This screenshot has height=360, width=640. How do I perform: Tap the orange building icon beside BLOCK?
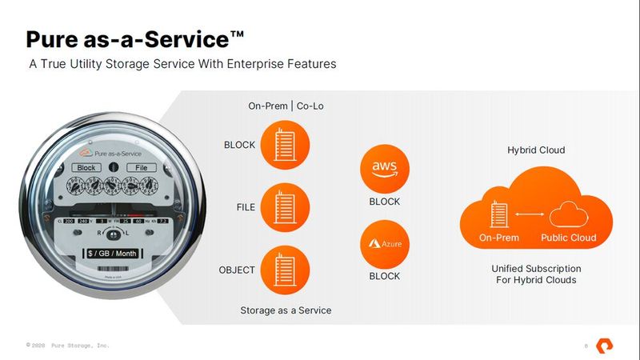tap(286, 144)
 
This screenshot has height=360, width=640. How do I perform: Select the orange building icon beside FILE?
tap(286, 206)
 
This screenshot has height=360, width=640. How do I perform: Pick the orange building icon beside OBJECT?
tap(286, 269)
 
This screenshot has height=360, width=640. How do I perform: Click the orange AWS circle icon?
tap(384, 168)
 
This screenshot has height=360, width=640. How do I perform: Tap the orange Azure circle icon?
tap(384, 242)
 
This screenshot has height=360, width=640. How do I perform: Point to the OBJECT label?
tap(237, 270)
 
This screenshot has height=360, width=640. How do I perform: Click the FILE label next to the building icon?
tap(246, 207)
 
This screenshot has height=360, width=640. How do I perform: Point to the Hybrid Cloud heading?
tap(536, 150)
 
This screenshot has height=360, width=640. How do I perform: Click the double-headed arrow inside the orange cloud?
tap(530, 214)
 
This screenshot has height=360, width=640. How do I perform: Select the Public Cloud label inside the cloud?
tap(568, 238)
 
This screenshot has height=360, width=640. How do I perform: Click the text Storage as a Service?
tap(286, 310)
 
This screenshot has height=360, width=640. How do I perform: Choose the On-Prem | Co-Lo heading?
tap(286, 106)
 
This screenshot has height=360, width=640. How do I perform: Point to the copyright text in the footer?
tap(67, 345)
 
